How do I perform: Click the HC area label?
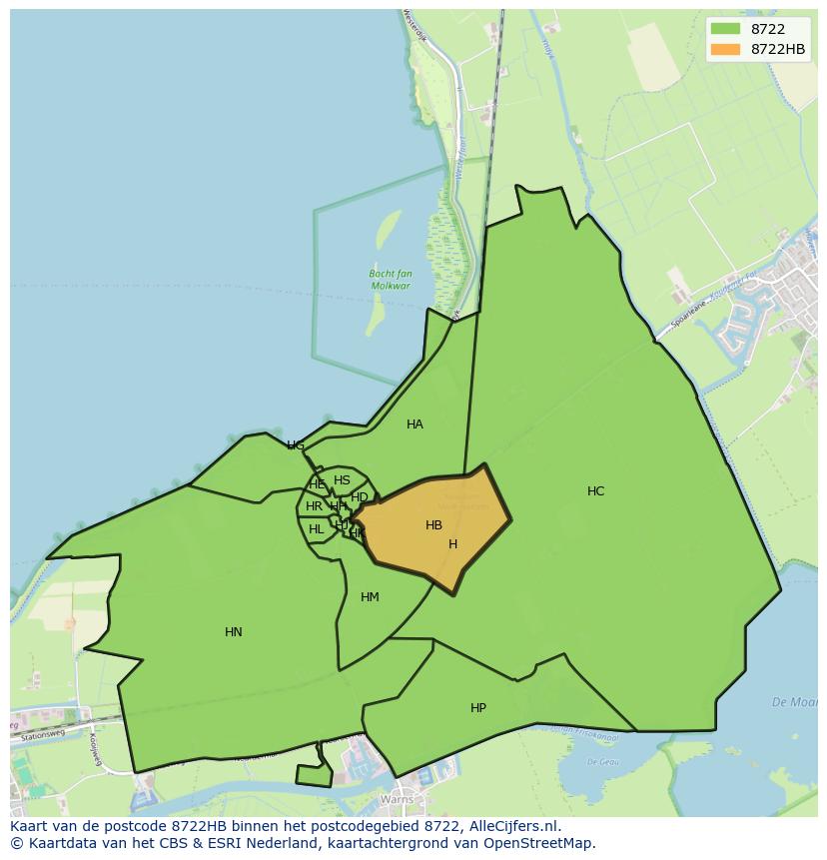click(595, 491)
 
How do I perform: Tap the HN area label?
click(234, 632)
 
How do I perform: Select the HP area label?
click(478, 708)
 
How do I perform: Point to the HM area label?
click(370, 597)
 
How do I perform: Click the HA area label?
click(414, 425)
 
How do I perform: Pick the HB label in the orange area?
click(433, 525)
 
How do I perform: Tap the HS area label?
click(342, 480)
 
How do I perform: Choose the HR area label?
click(314, 506)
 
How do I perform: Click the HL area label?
click(316, 529)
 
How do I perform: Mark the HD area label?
click(360, 497)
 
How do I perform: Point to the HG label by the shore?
click(296, 445)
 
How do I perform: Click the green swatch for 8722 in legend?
click(725, 29)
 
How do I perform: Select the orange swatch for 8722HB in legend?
click(725, 49)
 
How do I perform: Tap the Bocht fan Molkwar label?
click(391, 280)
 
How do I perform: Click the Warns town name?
click(397, 800)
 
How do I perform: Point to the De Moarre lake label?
click(796, 702)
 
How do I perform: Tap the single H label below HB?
click(452, 544)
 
